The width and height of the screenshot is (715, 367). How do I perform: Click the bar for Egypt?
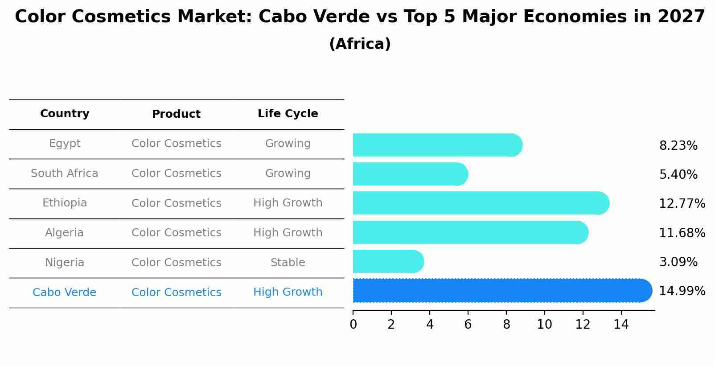tap(437, 145)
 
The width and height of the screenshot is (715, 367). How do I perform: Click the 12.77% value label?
tap(682, 204)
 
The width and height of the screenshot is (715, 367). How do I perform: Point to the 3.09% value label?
tap(678, 262)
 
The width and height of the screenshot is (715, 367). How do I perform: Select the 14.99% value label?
tap(682, 291)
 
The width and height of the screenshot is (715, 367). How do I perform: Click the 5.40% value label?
tap(678, 175)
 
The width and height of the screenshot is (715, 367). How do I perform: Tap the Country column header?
tap(65, 114)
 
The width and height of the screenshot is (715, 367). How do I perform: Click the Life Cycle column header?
tap(288, 114)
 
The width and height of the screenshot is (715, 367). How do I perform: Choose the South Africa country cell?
tap(65, 173)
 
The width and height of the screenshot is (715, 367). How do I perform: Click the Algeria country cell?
tap(65, 233)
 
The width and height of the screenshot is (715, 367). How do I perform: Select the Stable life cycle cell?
tap(288, 263)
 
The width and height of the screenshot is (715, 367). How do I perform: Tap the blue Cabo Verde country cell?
tap(65, 293)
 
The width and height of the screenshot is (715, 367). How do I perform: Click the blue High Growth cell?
tap(288, 292)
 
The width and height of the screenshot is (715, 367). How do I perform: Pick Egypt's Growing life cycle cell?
tap(288, 144)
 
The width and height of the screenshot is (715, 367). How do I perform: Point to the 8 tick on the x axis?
tap(506, 325)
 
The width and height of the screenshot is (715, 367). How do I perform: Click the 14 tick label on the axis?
tap(621, 325)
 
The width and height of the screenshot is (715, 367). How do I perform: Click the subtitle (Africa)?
tap(360, 44)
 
